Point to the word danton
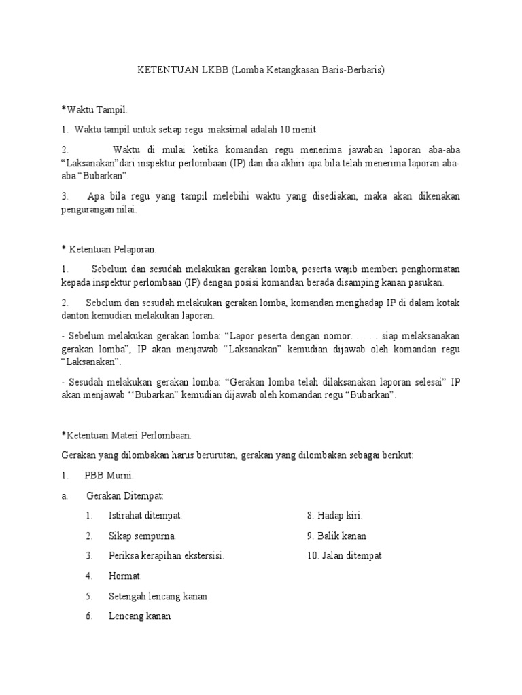coord(75,315)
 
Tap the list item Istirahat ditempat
coord(145,516)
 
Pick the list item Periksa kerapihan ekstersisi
coord(166,556)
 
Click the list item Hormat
coord(125,576)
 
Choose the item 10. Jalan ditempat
coord(344,556)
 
